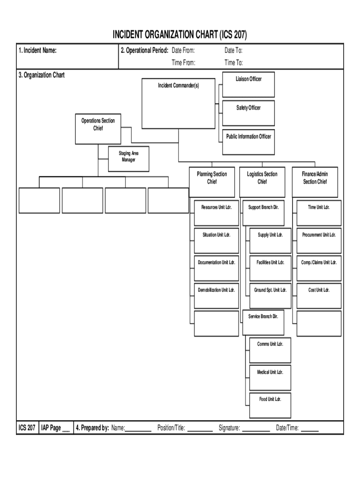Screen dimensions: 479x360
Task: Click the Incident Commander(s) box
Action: tap(178, 103)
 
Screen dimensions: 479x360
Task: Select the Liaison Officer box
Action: tap(248, 84)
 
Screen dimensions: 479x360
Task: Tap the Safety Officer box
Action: tap(248, 113)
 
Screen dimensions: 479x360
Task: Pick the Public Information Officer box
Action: tap(248, 141)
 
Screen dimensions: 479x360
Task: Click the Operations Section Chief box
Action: tap(98, 129)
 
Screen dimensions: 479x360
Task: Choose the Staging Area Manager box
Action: tap(128, 159)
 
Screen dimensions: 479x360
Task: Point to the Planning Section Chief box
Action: tap(212, 181)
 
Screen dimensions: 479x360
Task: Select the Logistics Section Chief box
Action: tap(262, 181)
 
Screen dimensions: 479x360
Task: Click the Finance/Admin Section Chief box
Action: tap(315, 181)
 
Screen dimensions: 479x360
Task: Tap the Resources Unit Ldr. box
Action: tap(216, 212)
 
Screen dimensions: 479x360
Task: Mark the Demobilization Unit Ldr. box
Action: tap(216, 295)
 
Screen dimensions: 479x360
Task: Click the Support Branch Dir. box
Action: tap(263, 212)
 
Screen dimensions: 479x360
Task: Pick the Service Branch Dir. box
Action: tap(263, 322)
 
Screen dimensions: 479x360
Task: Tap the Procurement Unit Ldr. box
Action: tap(319, 240)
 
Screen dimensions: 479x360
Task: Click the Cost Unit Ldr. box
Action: tap(319, 295)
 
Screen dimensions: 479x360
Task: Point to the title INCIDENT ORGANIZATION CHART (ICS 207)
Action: tap(180, 35)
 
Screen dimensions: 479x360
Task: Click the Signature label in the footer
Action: tap(229, 428)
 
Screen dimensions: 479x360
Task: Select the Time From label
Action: tap(183, 63)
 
